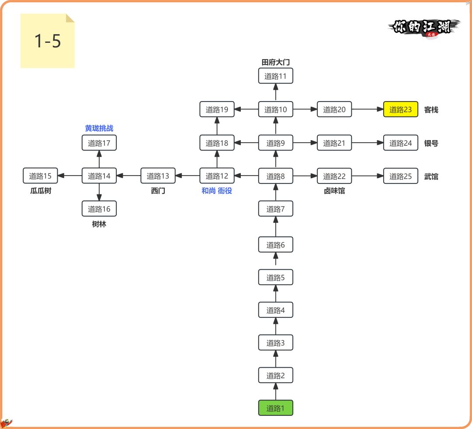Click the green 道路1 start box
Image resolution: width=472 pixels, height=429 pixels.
coord(275,408)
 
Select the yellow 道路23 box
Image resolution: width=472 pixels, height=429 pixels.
coord(401,109)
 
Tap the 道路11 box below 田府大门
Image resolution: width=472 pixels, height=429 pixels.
coord(275,76)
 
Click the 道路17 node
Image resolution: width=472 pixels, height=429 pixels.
coord(99,143)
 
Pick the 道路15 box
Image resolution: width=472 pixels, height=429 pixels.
coord(40,176)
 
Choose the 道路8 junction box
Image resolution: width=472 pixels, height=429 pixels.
coord(275,176)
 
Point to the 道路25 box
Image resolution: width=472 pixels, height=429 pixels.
coord(401,176)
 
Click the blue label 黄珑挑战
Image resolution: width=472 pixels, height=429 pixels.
coord(99,128)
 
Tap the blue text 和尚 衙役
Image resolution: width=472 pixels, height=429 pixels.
coord(216,190)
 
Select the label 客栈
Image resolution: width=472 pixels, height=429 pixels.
coord(431,110)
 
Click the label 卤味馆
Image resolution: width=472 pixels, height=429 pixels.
coord(334,191)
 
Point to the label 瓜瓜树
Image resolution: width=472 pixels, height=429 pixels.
coord(41,191)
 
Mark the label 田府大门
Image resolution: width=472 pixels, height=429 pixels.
coord(275,62)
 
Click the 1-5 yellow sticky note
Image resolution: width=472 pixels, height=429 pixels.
coord(48,41)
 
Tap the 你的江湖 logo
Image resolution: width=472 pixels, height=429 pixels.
coord(423,28)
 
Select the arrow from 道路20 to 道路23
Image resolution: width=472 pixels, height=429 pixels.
coord(367,109)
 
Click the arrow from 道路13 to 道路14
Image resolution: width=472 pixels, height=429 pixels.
coord(128,176)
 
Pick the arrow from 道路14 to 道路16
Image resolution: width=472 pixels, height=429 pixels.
coord(99,192)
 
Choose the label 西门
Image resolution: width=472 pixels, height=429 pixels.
coord(158,191)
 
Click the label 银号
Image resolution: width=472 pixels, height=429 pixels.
coord(431,143)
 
